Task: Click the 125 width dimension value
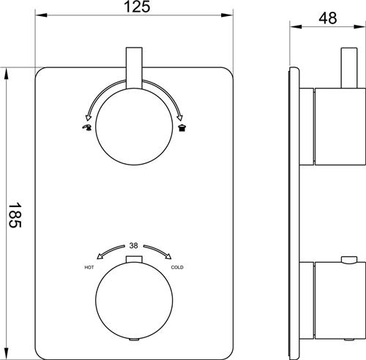point(137,7)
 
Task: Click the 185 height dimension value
point(15,214)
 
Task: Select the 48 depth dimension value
point(328,18)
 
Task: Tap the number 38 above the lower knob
point(133,246)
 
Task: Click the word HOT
point(89,268)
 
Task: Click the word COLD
point(177,268)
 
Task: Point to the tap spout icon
point(87,127)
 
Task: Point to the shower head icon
point(182,128)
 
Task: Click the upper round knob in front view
point(135,127)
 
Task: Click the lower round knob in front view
point(134,301)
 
